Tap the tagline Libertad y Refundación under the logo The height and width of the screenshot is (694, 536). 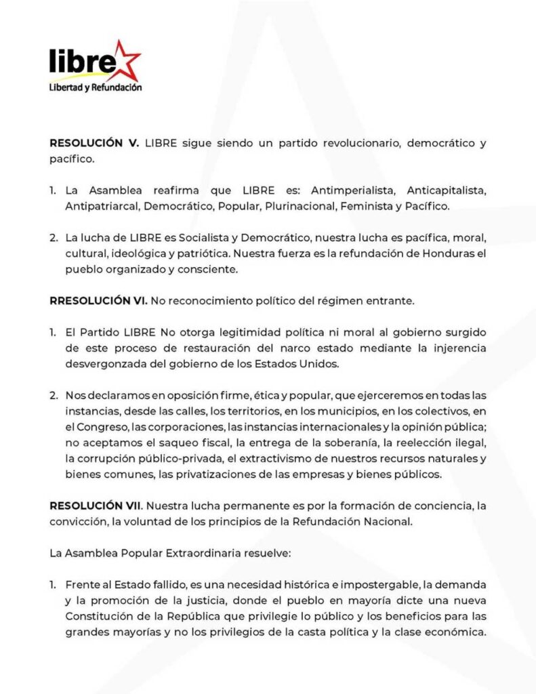[95, 87]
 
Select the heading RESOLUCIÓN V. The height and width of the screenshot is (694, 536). [94, 144]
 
